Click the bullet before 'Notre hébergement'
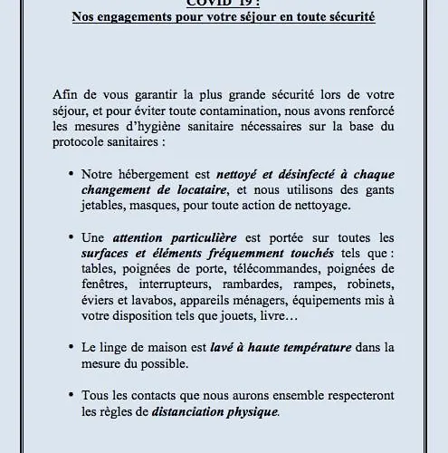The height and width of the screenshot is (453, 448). point(96,173)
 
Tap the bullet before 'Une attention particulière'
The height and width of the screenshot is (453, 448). point(96,236)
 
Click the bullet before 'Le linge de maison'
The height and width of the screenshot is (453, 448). point(96,347)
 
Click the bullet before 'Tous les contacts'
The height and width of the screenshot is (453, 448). point(96,395)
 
